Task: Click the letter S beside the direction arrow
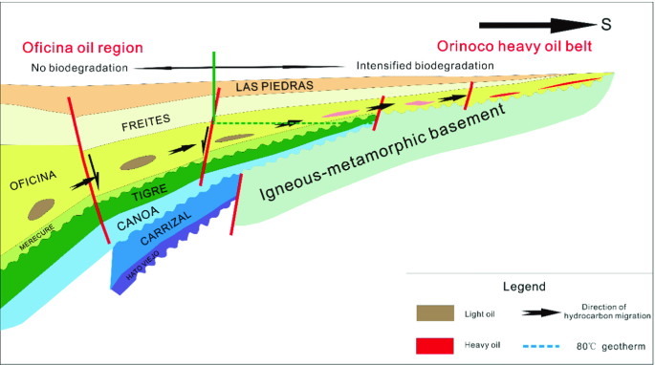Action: coord(606,25)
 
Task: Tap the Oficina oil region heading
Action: coord(82,48)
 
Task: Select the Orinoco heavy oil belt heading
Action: coord(514,46)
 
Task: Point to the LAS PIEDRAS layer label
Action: coord(274,86)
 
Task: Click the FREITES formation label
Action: coord(145,122)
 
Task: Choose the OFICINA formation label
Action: coord(33,181)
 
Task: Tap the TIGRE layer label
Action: coord(149,192)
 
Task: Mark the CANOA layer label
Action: coord(138,218)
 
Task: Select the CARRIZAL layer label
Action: coord(165,227)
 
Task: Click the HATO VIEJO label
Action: coord(142,266)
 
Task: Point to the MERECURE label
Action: coord(36,238)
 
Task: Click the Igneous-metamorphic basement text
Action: coord(382,151)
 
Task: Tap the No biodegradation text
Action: coord(79,68)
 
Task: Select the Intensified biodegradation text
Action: coord(425,66)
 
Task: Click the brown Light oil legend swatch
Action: coord(435,312)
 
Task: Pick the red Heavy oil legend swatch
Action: coord(435,346)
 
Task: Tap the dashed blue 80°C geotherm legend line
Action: coord(541,346)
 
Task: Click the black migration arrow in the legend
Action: coord(541,312)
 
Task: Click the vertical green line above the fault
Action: coord(214,84)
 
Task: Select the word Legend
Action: coord(524,287)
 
